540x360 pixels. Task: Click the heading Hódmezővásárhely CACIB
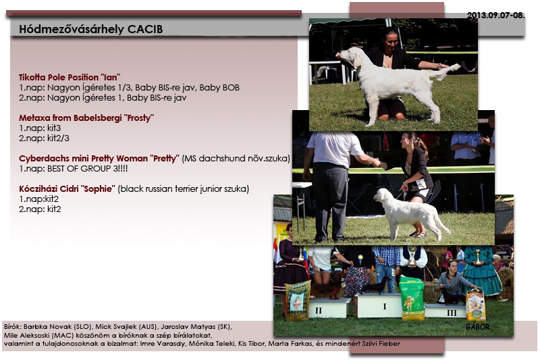coord(91,29)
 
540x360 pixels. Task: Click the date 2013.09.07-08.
coord(495,15)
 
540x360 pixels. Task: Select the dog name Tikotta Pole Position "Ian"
coord(70,77)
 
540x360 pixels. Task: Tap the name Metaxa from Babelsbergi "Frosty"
coord(86,118)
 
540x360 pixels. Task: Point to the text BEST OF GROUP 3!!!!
coord(88,168)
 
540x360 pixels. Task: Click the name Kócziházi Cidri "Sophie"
coord(67,189)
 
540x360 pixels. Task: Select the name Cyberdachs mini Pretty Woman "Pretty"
coord(99,159)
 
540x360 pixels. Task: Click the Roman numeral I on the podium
coord(384,306)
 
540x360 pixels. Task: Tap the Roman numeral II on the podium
coord(319,311)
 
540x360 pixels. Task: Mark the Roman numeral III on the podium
coord(452,313)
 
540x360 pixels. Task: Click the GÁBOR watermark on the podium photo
coord(477,327)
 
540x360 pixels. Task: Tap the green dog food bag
coord(412,298)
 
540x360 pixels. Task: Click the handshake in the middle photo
coord(376,163)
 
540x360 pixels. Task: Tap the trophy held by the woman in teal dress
coord(477,257)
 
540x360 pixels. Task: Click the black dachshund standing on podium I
coord(377,285)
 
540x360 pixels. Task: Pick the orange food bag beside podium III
coord(476,305)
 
